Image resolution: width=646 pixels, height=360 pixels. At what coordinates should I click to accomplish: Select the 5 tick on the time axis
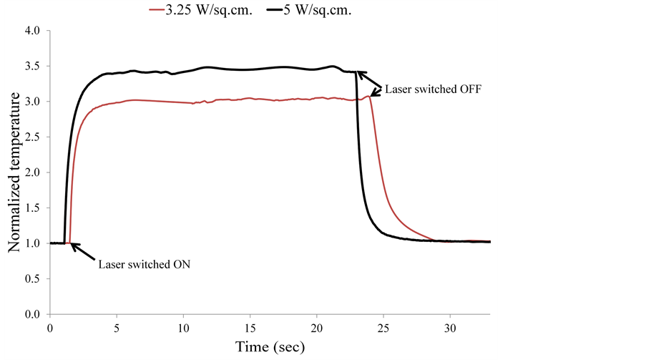[x=117, y=328]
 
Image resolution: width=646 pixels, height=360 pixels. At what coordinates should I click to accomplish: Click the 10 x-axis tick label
[x=183, y=328]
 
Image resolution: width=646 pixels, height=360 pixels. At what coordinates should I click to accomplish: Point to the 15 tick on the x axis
[x=250, y=328]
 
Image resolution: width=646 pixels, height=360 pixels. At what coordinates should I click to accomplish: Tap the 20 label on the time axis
[x=317, y=328]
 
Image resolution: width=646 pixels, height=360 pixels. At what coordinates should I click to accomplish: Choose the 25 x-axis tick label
[x=383, y=328]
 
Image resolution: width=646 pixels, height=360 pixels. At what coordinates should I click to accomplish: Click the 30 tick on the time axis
[x=450, y=328]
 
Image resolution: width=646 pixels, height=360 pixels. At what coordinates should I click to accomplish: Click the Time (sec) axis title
[x=270, y=347]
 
